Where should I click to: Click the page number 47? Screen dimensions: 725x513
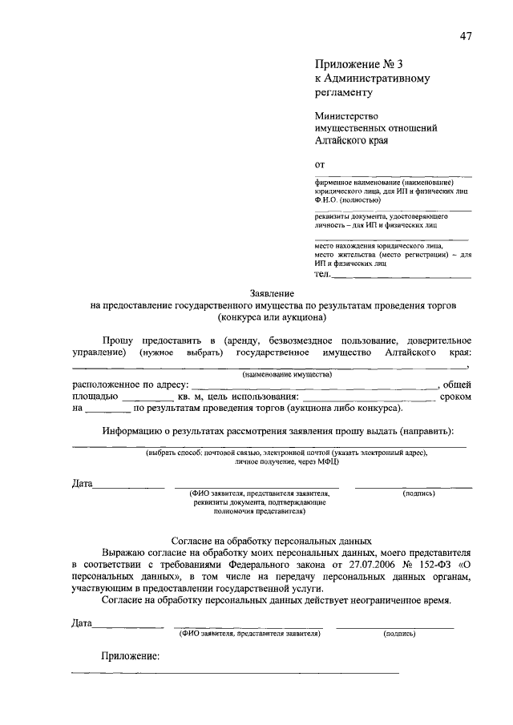pyautogui.click(x=466, y=34)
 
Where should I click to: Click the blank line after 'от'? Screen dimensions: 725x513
pyautogui.click(x=393, y=174)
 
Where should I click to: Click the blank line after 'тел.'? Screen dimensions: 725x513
pyautogui.click(x=402, y=276)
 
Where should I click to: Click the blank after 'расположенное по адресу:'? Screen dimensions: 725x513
pyautogui.click(x=315, y=386)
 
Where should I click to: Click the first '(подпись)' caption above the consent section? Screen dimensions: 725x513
pyautogui.click(x=418, y=494)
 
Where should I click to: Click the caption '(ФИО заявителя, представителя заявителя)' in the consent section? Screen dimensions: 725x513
pyautogui.click(x=249, y=633)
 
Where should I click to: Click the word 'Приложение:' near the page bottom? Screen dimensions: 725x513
pyautogui.click(x=131, y=656)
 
